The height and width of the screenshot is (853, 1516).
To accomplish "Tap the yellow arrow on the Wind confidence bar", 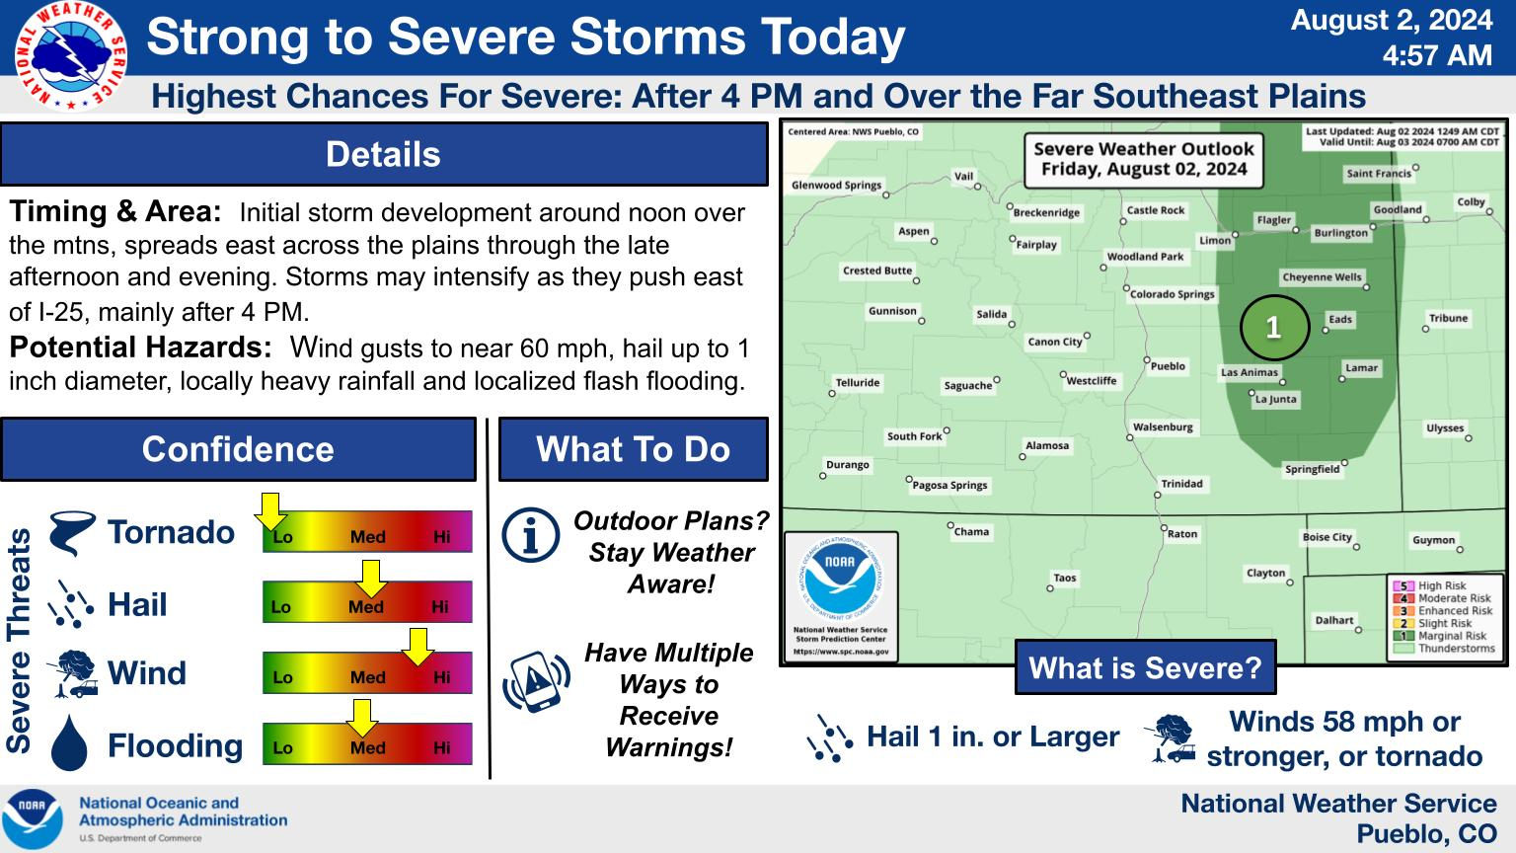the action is click(417, 648).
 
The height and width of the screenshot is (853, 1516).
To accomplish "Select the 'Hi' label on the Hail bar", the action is click(440, 606).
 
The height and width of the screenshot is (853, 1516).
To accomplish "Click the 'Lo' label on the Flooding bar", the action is click(283, 748).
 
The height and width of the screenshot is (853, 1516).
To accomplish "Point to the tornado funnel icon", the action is click(72, 533).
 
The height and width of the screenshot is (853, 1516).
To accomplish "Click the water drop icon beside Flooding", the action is click(69, 743).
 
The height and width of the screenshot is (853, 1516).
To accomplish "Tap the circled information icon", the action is click(531, 535).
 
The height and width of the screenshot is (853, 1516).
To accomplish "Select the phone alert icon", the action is click(536, 682).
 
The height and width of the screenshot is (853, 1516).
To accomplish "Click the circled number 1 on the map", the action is click(1274, 328).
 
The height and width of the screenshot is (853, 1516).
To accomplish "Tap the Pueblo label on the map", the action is click(1169, 366).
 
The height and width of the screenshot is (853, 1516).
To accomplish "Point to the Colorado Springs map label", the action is click(1173, 294).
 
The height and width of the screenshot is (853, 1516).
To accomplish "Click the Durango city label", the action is click(848, 465).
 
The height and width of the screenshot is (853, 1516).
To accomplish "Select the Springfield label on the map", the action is click(1313, 469).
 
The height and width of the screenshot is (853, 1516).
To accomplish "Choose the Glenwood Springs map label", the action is click(837, 185).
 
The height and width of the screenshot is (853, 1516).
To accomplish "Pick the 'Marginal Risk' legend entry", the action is click(1440, 636).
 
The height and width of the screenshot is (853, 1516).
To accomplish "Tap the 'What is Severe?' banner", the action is click(1145, 667).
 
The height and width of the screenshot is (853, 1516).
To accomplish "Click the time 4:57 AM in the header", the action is click(1437, 55).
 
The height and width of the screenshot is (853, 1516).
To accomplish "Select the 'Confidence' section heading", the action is click(238, 449).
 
